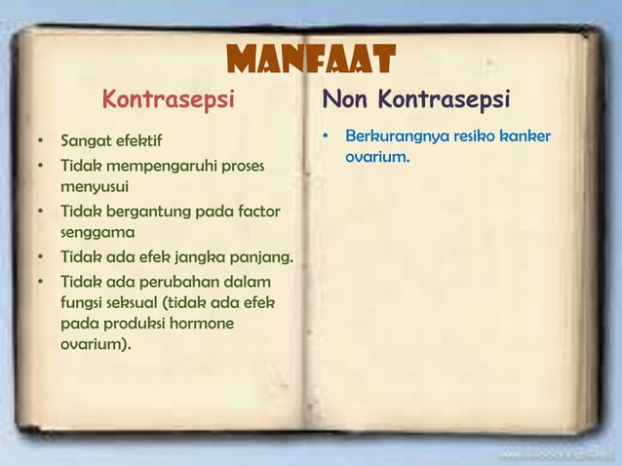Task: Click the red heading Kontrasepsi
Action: pyautogui.click(x=170, y=99)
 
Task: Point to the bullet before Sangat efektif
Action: pyautogui.click(x=41, y=140)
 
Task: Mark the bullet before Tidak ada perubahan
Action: pyautogui.click(x=41, y=283)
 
